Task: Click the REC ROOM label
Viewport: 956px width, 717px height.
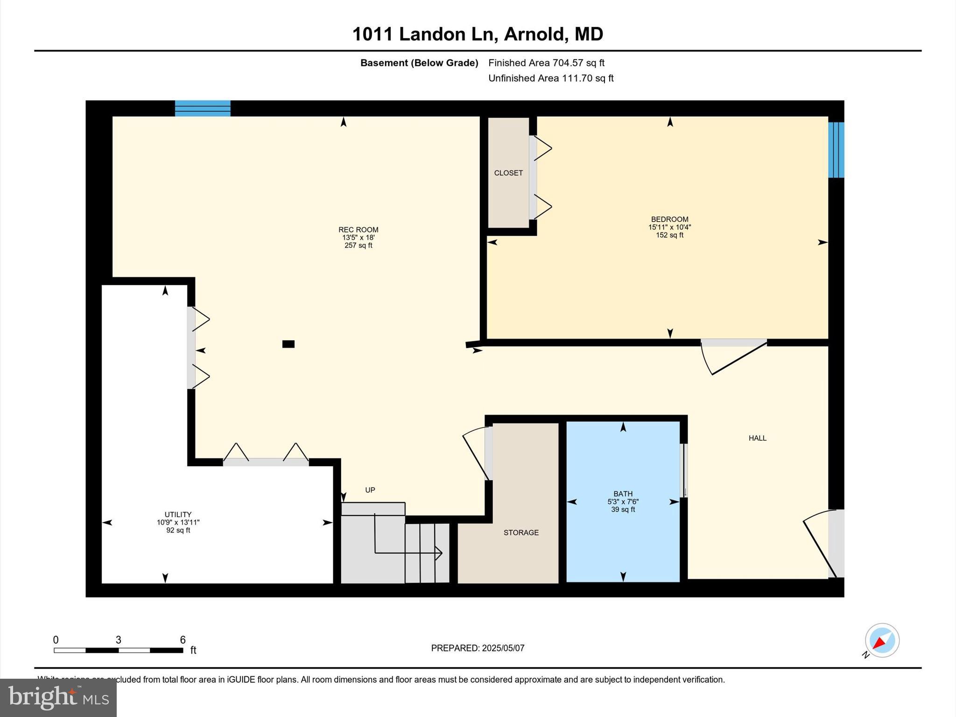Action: click(x=358, y=230)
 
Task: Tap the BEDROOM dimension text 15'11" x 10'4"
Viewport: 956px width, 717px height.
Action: click(x=669, y=227)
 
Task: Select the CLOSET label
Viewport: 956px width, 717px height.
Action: click(x=508, y=173)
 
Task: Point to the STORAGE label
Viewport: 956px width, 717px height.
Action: click(x=521, y=533)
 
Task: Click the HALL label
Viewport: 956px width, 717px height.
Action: click(x=757, y=438)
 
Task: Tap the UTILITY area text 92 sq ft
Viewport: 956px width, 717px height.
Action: click(x=178, y=530)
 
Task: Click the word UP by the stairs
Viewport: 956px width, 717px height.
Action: click(x=370, y=490)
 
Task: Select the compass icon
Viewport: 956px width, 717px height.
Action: click(x=882, y=640)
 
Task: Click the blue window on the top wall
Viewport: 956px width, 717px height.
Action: click(x=203, y=108)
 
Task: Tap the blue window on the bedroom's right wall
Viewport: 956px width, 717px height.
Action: click(x=836, y=150)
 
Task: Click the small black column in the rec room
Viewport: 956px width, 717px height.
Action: click(x=288, y=344)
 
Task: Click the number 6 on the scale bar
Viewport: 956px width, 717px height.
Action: click(x=183, y=640)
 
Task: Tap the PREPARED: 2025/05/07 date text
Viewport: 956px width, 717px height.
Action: click(x=478, y=648)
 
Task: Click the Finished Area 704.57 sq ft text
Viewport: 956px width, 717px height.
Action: click(x=546, y=63)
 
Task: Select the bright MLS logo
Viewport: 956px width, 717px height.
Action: click(x=58, y=697)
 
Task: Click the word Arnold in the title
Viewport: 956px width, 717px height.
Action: click(x=536, y=34)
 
